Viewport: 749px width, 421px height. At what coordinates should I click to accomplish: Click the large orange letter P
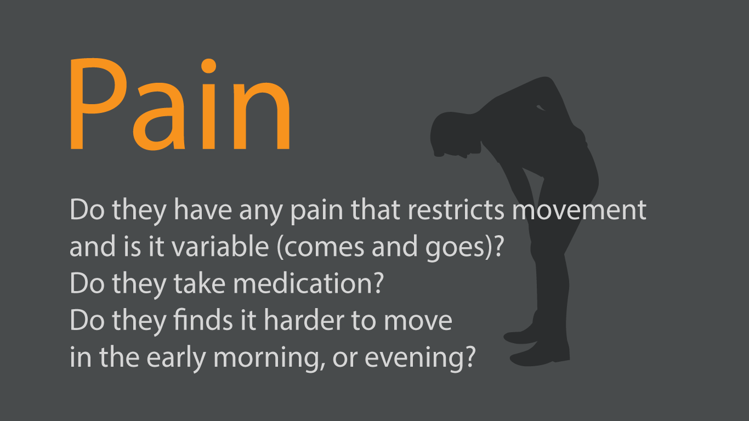click(96, 104)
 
